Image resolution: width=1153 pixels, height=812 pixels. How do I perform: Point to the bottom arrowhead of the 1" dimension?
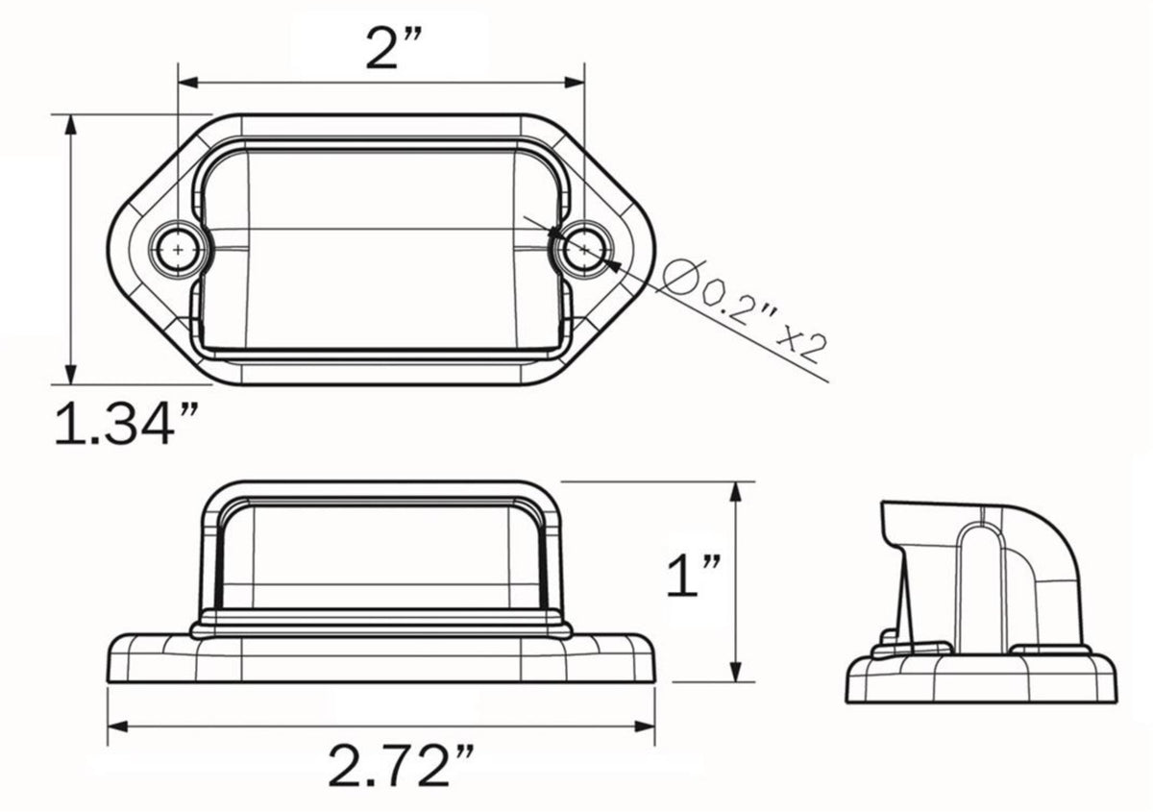point(736,672)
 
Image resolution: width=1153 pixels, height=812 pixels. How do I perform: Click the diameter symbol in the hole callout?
point(678,280)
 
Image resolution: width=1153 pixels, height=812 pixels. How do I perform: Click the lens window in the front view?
point(382,557)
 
